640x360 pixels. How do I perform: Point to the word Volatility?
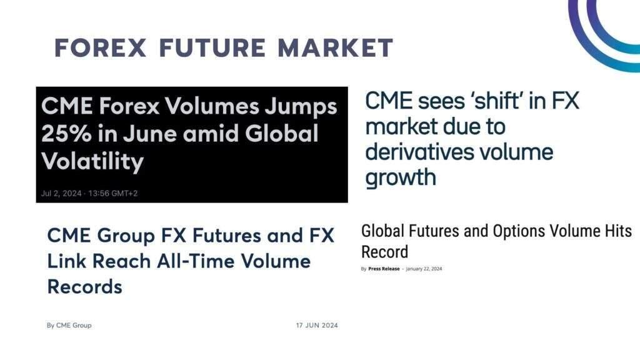tap(92, 161)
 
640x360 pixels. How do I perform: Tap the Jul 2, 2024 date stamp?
tap(61, 193)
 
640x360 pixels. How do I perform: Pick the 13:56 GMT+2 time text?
tap(114, 193)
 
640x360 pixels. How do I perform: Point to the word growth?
tap(400, 177)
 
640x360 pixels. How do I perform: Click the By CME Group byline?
tap(69, 325)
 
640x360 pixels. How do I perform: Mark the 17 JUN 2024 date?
tap(317, 325)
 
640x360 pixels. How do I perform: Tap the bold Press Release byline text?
tap(384, 269)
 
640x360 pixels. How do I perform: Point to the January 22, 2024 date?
tap(424, 269)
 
